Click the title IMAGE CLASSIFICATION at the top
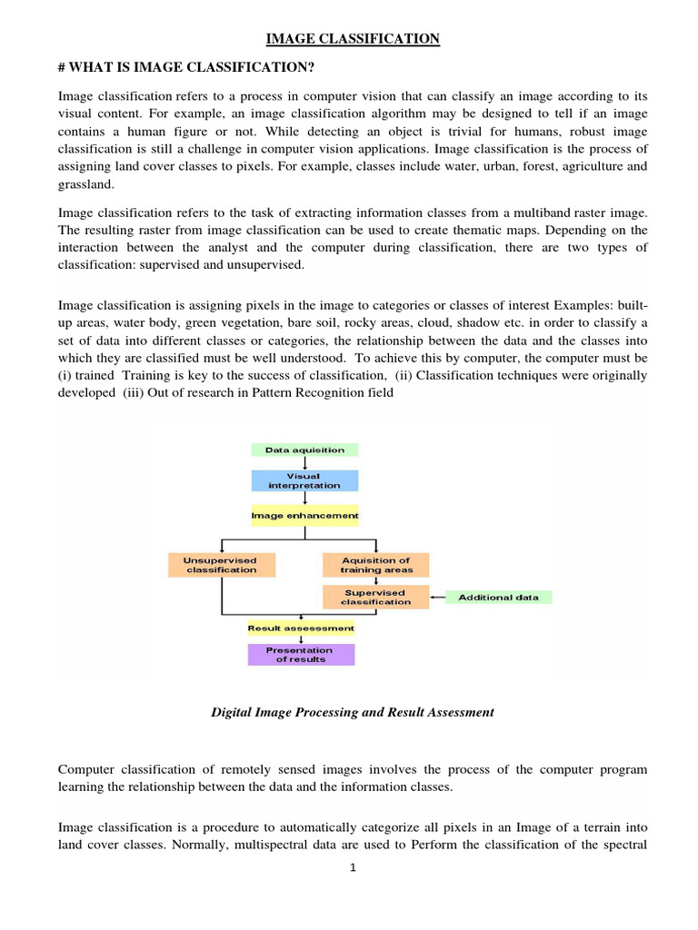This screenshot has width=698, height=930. (353, 38)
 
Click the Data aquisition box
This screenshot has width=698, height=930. (304, 450)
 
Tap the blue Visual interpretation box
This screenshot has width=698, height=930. (304, 480)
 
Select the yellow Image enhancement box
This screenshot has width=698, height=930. (304, 515)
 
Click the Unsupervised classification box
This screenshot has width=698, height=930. (222, 565)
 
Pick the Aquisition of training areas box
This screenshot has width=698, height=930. (375, 565)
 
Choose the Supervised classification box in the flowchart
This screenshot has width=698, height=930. (375, 597)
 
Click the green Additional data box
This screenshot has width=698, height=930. (498, 597)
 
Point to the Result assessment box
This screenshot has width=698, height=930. (301, 628)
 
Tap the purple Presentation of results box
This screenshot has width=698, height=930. (301, 655)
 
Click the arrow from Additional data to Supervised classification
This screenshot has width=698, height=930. (437, 597)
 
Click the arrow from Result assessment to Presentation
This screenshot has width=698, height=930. (301, 639)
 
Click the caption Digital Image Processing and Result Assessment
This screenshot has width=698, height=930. (353, 712)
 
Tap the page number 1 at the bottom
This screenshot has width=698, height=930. (353, 867)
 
